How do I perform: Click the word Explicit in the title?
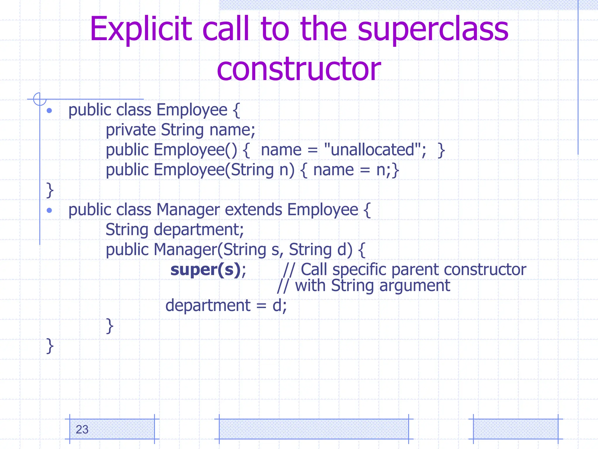pos(141,29)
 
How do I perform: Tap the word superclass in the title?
pos(433,29)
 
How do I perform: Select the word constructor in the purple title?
pos(299,69)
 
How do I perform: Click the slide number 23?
pos(82,429)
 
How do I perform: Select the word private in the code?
pos(131,130)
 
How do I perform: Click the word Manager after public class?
pos(188,210)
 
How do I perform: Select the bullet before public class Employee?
pos(49,110)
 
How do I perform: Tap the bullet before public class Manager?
pos(49,210)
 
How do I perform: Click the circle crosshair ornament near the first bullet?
pos(40,99)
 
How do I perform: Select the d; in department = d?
pos(279,306)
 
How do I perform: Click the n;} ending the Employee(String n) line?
pos(387,170)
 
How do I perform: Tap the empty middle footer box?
pos(314,429)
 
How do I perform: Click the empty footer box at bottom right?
pos(515,429)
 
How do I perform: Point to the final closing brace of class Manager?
pos(50,346)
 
